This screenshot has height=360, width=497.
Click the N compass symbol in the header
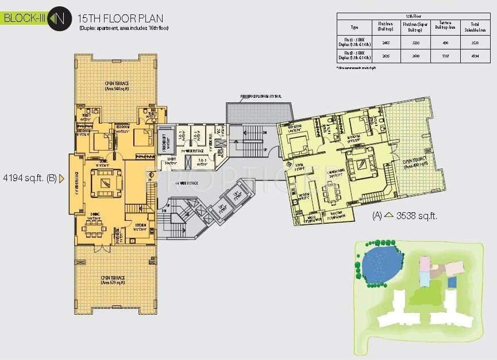point(56,18)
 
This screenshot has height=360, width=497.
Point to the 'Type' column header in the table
point(355,27)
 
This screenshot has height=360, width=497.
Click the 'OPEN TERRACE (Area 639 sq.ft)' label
point(113,280)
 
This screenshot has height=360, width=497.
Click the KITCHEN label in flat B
point(140,224)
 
